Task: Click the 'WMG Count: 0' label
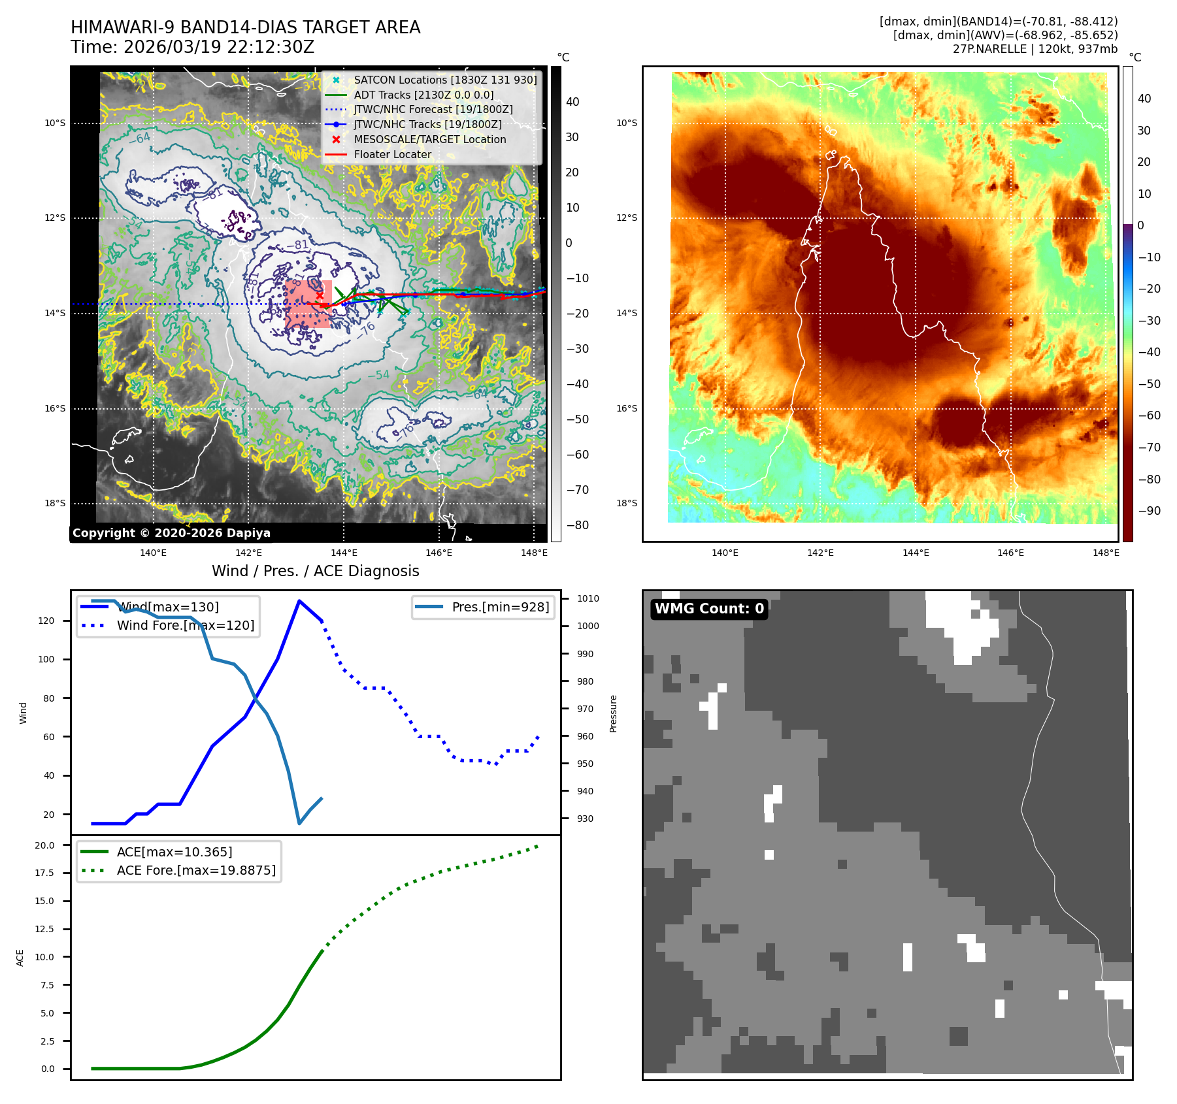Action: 709,609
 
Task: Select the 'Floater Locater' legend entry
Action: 392,155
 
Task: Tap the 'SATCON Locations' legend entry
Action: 444,80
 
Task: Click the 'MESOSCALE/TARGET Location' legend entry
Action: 429,140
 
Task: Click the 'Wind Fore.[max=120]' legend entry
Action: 186,625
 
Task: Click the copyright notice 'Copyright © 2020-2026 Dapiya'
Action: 171,533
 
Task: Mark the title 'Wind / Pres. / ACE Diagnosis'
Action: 315,571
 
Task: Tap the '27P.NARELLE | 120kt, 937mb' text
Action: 1035,49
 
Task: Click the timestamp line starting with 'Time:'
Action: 192,47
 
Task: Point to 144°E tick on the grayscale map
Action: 344,553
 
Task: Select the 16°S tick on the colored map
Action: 626,408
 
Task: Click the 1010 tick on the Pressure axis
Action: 588,598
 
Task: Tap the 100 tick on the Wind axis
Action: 46,659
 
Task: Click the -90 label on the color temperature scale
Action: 1149,511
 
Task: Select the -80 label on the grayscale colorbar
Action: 577,525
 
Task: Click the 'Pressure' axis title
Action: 613,713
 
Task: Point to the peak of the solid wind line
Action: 299,601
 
